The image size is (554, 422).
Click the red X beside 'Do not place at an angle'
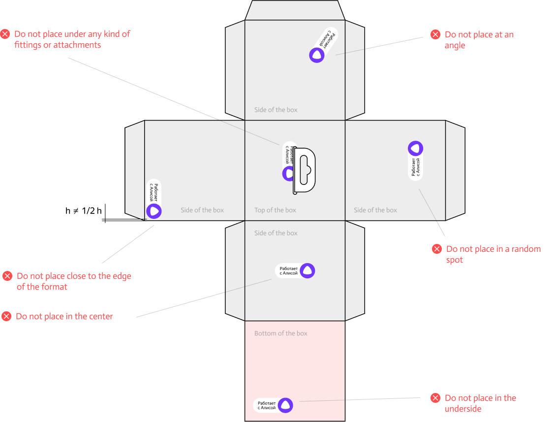(435, 34)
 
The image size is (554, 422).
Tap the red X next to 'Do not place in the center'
(6, 316)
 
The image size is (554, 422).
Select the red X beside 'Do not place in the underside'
(435, 398)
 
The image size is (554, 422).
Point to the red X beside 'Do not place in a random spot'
(436, 249)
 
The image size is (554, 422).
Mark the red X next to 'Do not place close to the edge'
(7, 276)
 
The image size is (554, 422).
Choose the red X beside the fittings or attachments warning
(5, 34)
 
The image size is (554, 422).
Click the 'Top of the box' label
(275, 210)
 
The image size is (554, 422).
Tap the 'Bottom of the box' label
(280, 333)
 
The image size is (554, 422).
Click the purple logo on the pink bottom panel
(285, 405)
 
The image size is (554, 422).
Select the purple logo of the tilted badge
(317, 55)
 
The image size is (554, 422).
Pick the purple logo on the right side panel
(415, 148)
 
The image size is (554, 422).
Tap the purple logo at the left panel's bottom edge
(154, 211)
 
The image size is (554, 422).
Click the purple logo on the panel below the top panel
(308, 271)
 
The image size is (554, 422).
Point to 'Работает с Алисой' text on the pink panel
(266, 405)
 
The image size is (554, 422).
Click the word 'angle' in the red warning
(455, 45)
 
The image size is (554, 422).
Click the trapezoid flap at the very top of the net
(295, 10)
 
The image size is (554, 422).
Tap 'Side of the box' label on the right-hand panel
(375, 210)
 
